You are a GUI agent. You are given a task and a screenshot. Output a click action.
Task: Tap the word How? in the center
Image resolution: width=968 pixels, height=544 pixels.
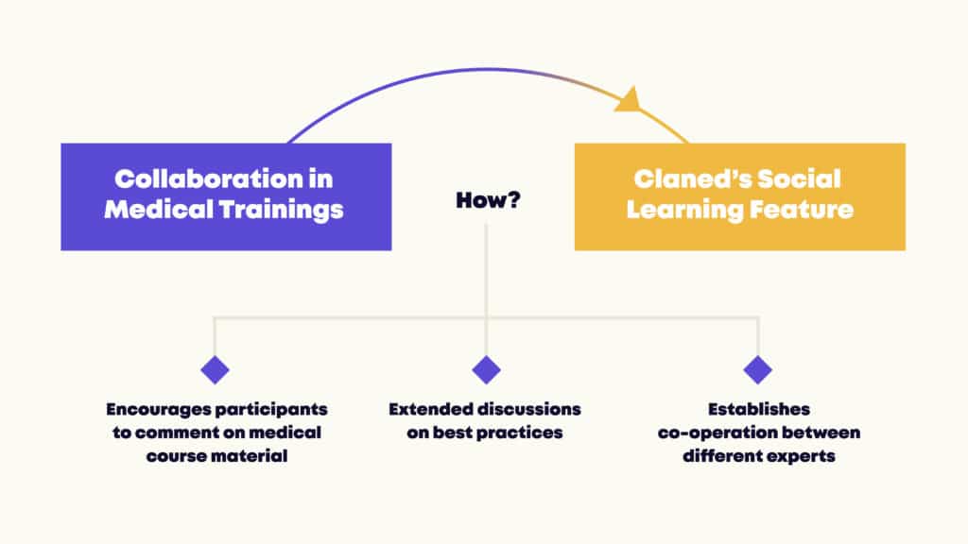click(488, 200)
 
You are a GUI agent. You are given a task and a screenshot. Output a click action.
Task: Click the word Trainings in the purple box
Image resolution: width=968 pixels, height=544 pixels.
click(282, 210)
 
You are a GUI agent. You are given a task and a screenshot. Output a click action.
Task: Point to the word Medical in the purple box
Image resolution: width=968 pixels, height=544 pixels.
click(159, 209)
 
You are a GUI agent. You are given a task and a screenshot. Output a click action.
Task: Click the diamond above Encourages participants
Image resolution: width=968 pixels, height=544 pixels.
click(215, 370)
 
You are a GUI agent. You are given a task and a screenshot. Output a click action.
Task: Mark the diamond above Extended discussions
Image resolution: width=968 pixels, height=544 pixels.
click(487, 370)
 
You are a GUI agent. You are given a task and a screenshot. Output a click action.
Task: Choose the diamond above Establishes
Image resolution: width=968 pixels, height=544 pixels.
click(758, 370)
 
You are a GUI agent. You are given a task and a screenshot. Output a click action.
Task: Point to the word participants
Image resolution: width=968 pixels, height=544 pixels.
click(271, 410)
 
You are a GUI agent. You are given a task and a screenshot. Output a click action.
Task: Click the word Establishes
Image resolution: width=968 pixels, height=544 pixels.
click(759, 409)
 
